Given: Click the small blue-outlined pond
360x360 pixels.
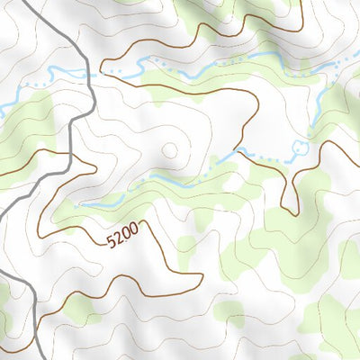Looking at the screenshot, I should pos(300,147).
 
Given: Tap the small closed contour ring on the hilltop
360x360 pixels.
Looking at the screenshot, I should pos(168,151).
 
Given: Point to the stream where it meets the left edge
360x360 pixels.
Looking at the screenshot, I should pos(3,112).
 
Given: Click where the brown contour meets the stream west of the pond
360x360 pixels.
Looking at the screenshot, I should pos(238,149).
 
